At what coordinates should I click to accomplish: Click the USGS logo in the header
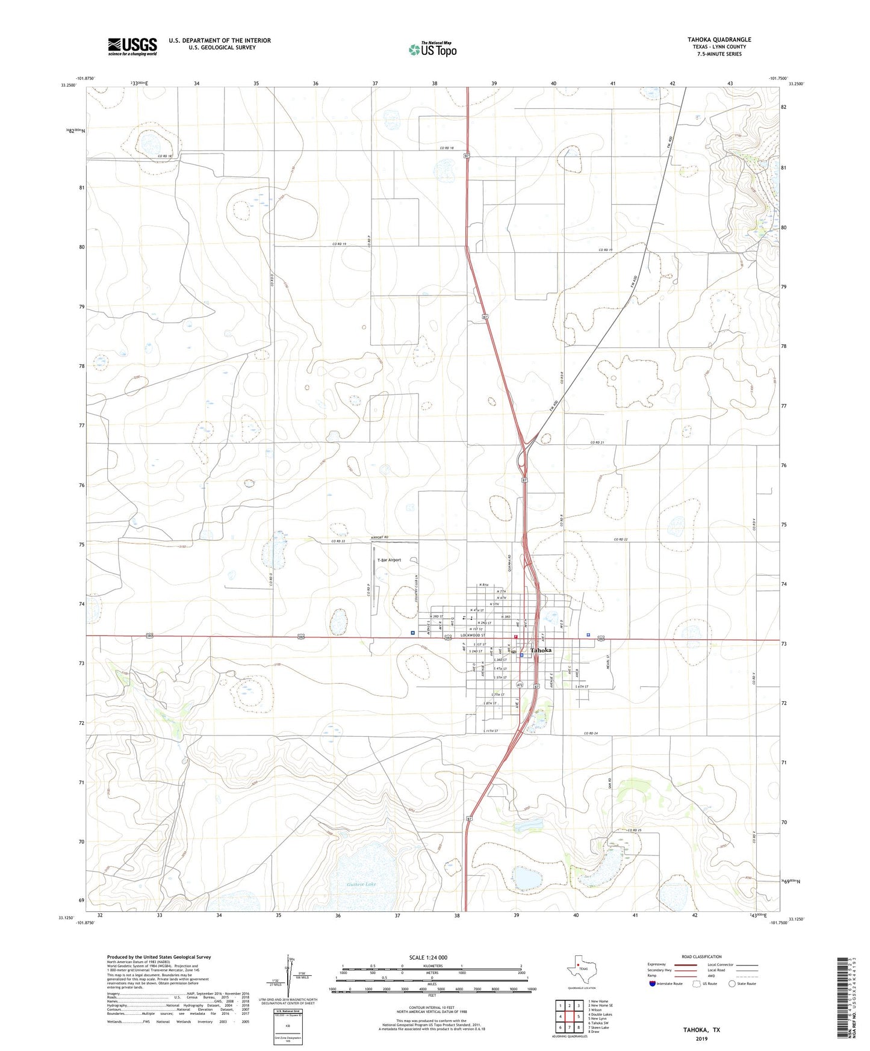pos(132,46)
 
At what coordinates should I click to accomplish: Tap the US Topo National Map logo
pos(432,49)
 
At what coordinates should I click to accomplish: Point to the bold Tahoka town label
pos(541,650)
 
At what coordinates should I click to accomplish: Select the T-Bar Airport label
pos(388,560)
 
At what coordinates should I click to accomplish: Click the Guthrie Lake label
pos(361,884)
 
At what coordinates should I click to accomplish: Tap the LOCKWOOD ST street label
pos(472,636)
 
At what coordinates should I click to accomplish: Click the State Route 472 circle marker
pos(520,686)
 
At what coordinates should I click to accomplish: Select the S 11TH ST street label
pos(491,731)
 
